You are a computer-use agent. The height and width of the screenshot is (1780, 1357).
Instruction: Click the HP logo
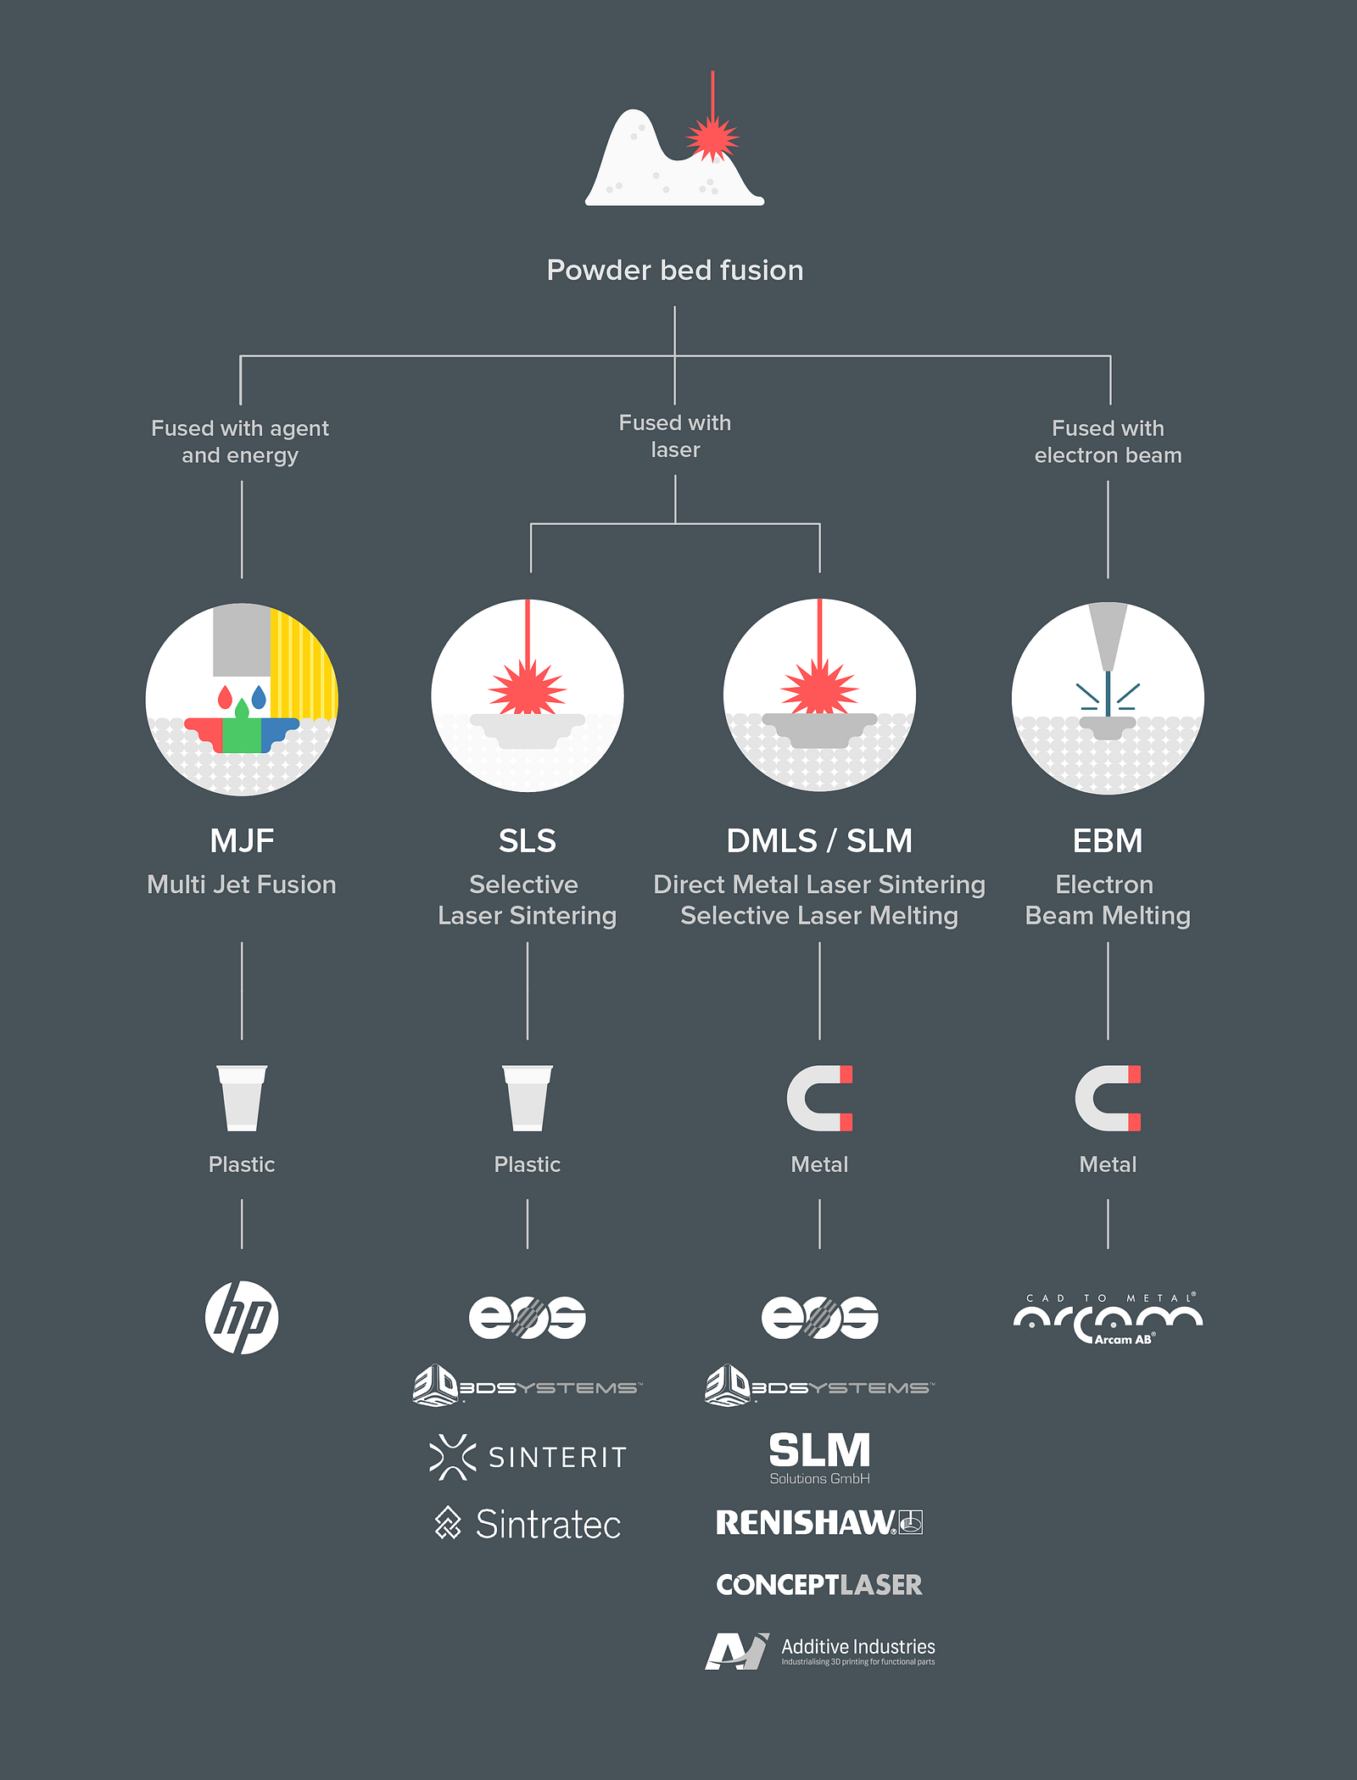pyautogui.click(x=242, y=1317)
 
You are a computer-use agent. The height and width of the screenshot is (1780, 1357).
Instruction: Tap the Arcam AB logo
pyautogui.click(x=1108, y=1320)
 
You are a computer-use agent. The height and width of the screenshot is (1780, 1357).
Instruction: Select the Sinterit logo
pyautogui.click(x=528, y=1457)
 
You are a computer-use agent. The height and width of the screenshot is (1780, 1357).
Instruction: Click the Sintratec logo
pyautogui.click(x=528, y=1524)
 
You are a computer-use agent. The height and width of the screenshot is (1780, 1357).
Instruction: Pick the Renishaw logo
pyautogui.click(x=819, y=1522)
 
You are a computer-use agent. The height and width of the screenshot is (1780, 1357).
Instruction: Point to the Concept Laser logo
pyautogui.click(x=819, y=1584)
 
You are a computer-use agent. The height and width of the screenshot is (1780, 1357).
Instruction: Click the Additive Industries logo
pyautogui.click(x=819, y=1651)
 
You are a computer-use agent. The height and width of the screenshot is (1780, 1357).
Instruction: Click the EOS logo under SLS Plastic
pyautogui.click(x=528, y=1317)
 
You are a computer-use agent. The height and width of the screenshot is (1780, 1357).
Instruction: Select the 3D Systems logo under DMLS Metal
pyautogui.click(x=819, y=1386)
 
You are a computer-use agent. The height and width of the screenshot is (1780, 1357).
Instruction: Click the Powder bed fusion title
pyautogui.click(x=675, y=271)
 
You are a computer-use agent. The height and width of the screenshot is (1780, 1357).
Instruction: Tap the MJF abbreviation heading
pyautogui.click(x=242, y=841)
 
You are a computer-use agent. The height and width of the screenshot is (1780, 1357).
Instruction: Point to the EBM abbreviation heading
pyautogui.click(x=1108, y=841)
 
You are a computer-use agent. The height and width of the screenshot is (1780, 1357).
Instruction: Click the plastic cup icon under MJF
pyautogui.click(x=242, y=1098)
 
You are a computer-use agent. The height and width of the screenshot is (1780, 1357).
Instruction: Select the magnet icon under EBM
pyautogui.click(x=1108, y=1098)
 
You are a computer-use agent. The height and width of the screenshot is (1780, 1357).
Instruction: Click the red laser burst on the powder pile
pyautogui.click(x=712, y=138)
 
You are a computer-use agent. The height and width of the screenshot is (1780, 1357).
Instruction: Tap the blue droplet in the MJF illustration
pyautogui.click(x=259, y=697)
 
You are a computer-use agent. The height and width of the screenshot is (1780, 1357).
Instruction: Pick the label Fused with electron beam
pyautogui.click(x=1108, y=442)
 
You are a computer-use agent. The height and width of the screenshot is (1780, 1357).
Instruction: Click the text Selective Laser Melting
pyautogui.click(x=819, y=916)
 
